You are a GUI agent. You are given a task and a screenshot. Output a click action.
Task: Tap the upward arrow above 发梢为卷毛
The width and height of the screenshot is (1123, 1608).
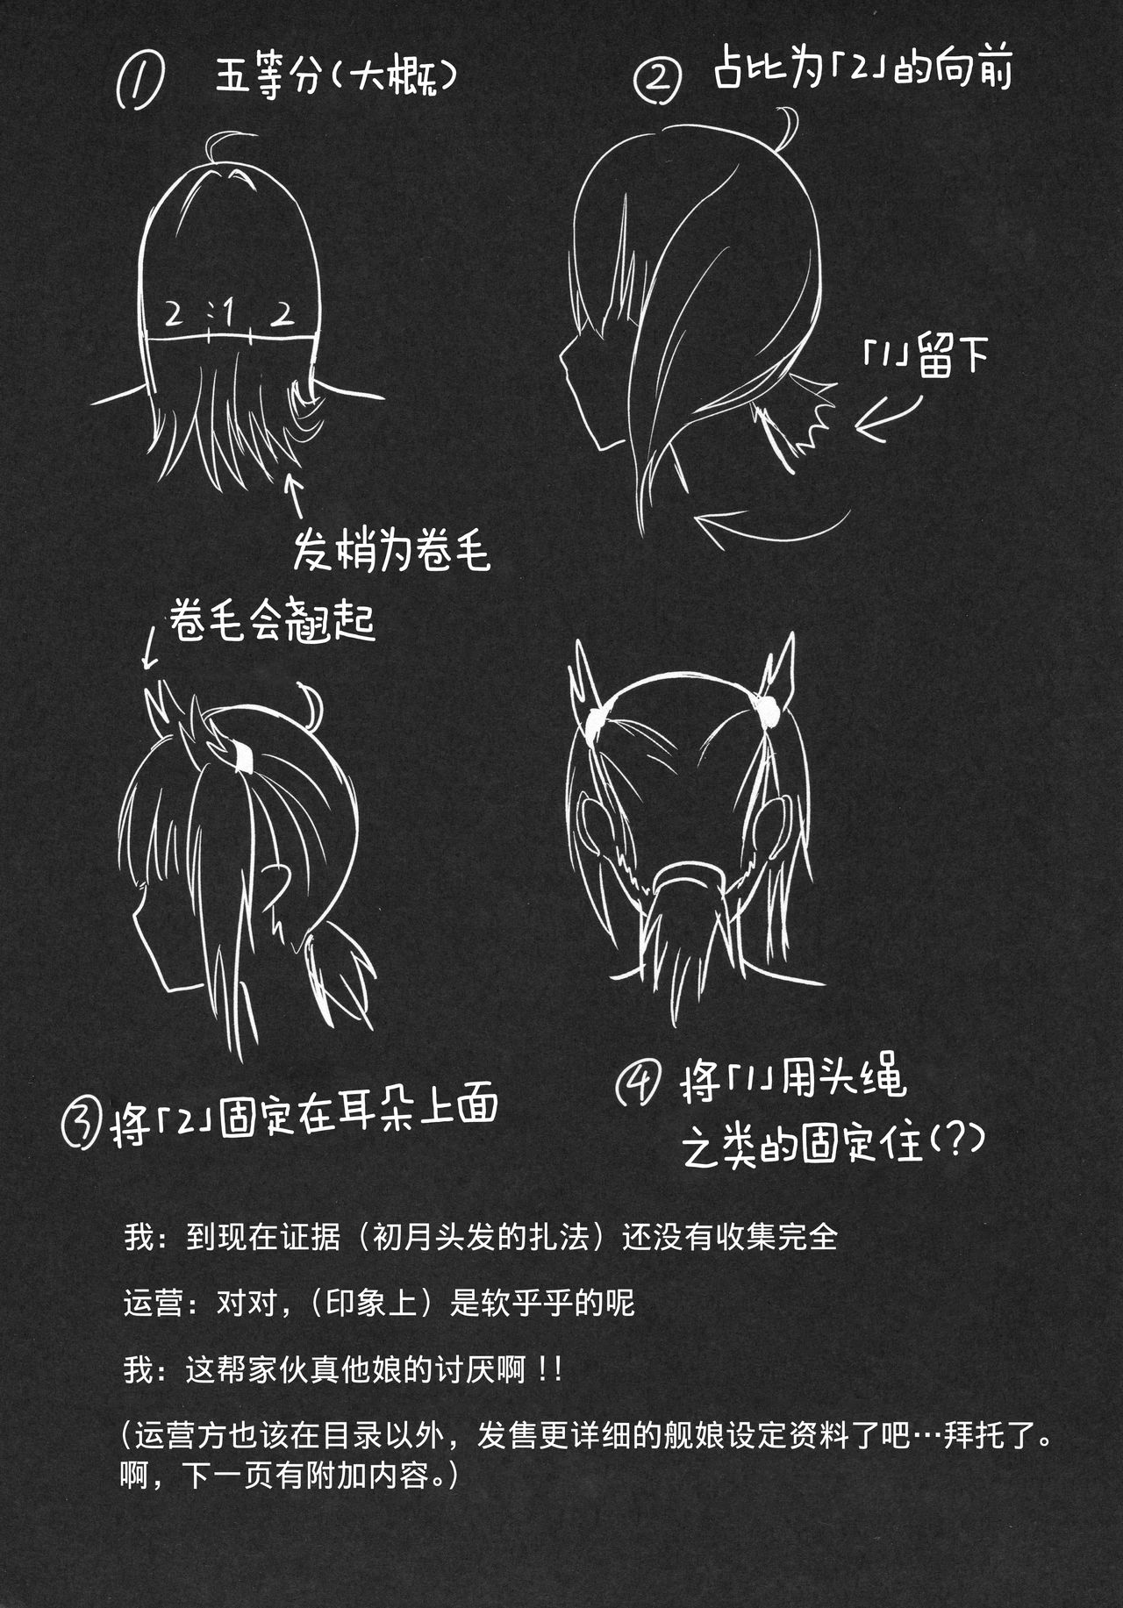(296, 495)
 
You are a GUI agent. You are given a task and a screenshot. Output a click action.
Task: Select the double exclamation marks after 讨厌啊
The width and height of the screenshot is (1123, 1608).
(550, 1370)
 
